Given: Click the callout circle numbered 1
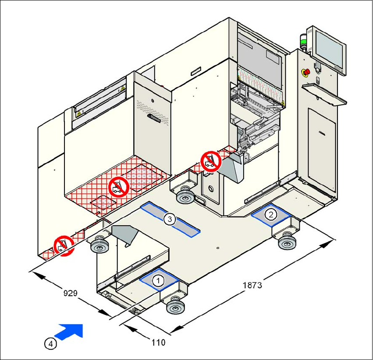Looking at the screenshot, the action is coord(158,279).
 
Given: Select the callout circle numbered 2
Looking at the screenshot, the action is coord(272,214).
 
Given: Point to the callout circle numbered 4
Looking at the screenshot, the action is coord(51,344).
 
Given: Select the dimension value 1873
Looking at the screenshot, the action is coord(252,285).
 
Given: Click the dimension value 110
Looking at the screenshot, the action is coord(159,342).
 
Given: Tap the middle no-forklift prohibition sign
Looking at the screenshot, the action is coord(118,187).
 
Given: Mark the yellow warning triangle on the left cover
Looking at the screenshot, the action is coord(79,113).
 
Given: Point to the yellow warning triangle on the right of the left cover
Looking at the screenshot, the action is coord(122,89).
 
